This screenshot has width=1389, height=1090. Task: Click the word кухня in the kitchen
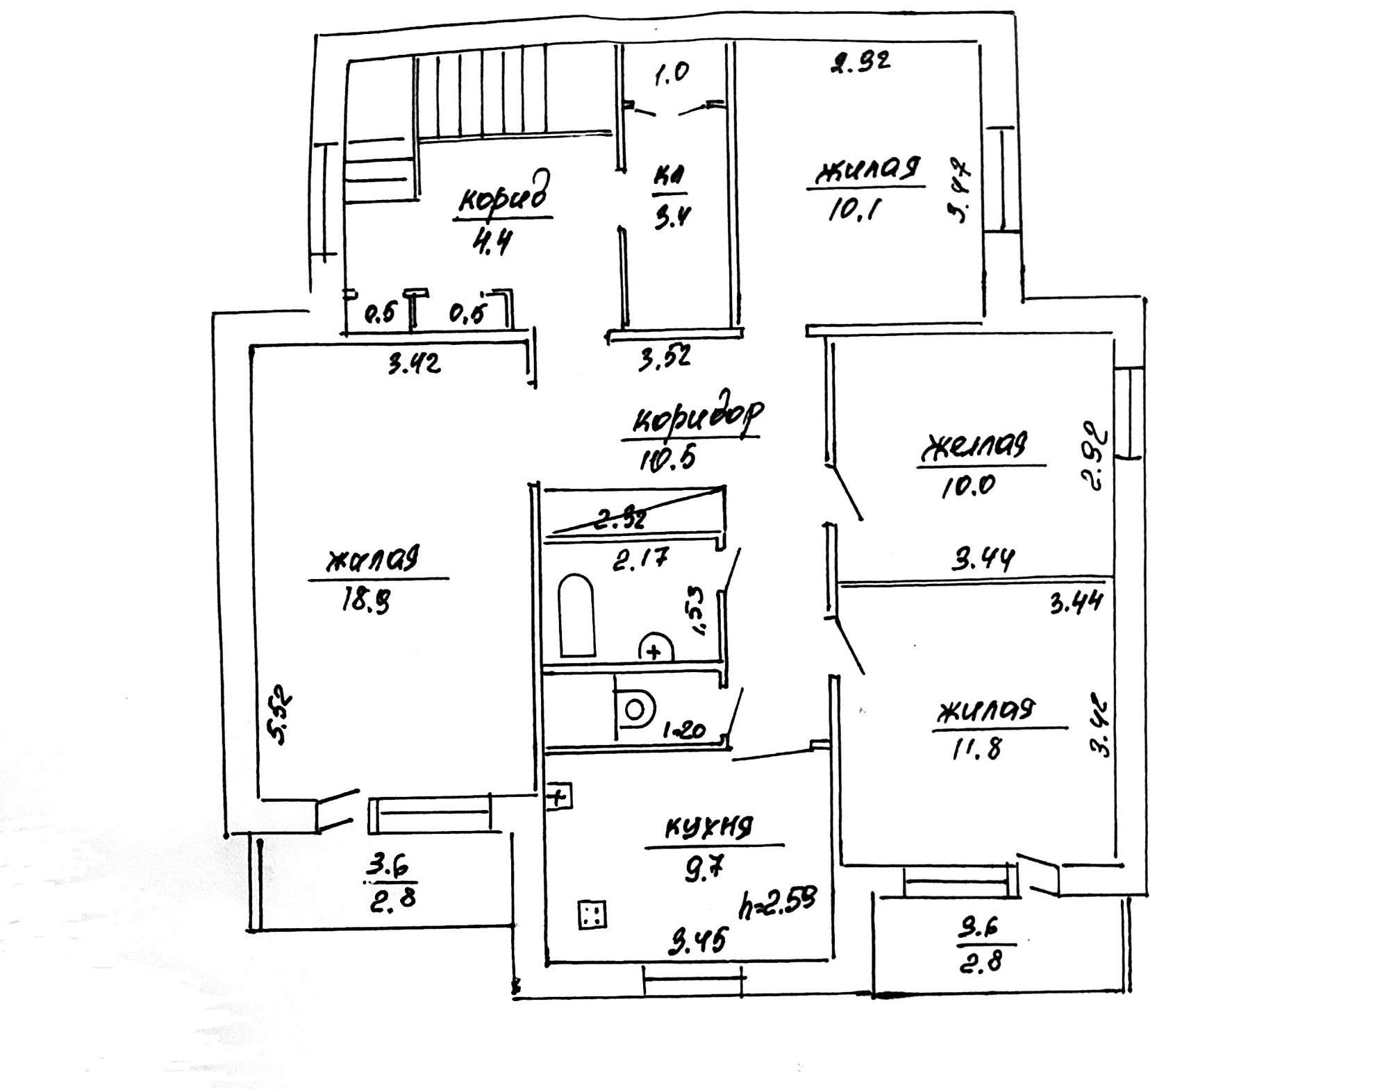(x=709, y=828)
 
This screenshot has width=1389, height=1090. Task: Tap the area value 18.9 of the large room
(x=365, y=600)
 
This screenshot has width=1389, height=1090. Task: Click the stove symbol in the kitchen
(x=592, y=914)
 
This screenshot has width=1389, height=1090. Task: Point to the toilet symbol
(x=634, y=710)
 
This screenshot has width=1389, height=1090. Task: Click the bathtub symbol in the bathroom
(x=576, y=616)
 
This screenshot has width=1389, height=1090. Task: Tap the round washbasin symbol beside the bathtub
(x=655, y=647)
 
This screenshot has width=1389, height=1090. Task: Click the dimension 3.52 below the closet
(x=665, y=358)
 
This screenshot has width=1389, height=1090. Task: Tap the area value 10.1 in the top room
(x=854, y=208)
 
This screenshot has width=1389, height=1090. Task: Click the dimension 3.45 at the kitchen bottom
(x=697, y=942)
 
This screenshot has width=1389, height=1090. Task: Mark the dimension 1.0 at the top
(x=671, y=73)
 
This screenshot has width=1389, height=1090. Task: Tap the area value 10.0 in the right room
(x=968, y=485)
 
